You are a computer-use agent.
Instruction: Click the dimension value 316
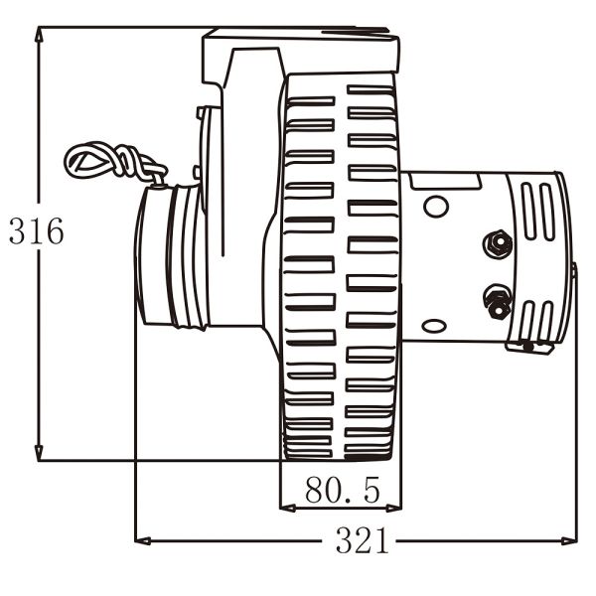click(x=37, y=231)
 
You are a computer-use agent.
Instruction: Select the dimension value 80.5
click(x=342, y=490)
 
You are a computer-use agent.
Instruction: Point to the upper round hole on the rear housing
click(x=435, y=207)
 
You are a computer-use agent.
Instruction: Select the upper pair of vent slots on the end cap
click(x=537, y=211)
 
